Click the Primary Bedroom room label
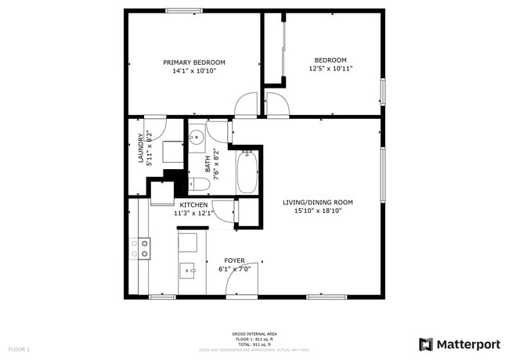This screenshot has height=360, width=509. pyautogui.click(x=193, y=62)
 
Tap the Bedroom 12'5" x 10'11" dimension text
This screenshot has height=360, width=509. pyautogui.click(x=330, y=68)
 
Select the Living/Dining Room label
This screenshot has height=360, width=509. pyautogui.click(x=318, y=203)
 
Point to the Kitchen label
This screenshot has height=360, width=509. pyautogui.click(x=193, y=204)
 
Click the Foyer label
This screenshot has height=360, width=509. pyautogui.click(x=235, y=260)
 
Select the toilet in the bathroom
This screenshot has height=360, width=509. pyautogui.click(x=198, y=185)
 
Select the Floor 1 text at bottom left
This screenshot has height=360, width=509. pyautogui.click(x=19, y=348)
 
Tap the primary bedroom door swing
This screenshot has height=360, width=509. pyautogui.click(x=247, y=103)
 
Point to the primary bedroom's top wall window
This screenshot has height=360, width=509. pyautogui.click(x=185, y=10)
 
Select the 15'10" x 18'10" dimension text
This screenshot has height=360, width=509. pyautogui.click(x=318, y=211)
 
